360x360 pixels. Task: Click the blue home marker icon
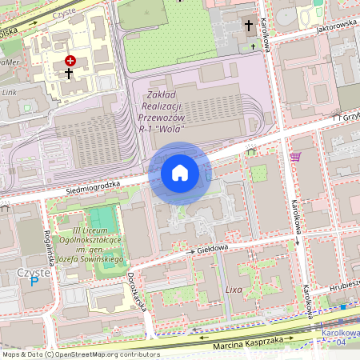[180, 172]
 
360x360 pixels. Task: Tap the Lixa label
[234, 287]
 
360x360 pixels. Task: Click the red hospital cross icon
[70, 60]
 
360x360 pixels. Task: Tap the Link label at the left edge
[9, 92]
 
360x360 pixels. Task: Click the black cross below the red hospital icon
[69, 74]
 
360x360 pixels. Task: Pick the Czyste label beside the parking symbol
[33, 272]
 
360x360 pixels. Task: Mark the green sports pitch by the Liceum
[102, 217]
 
